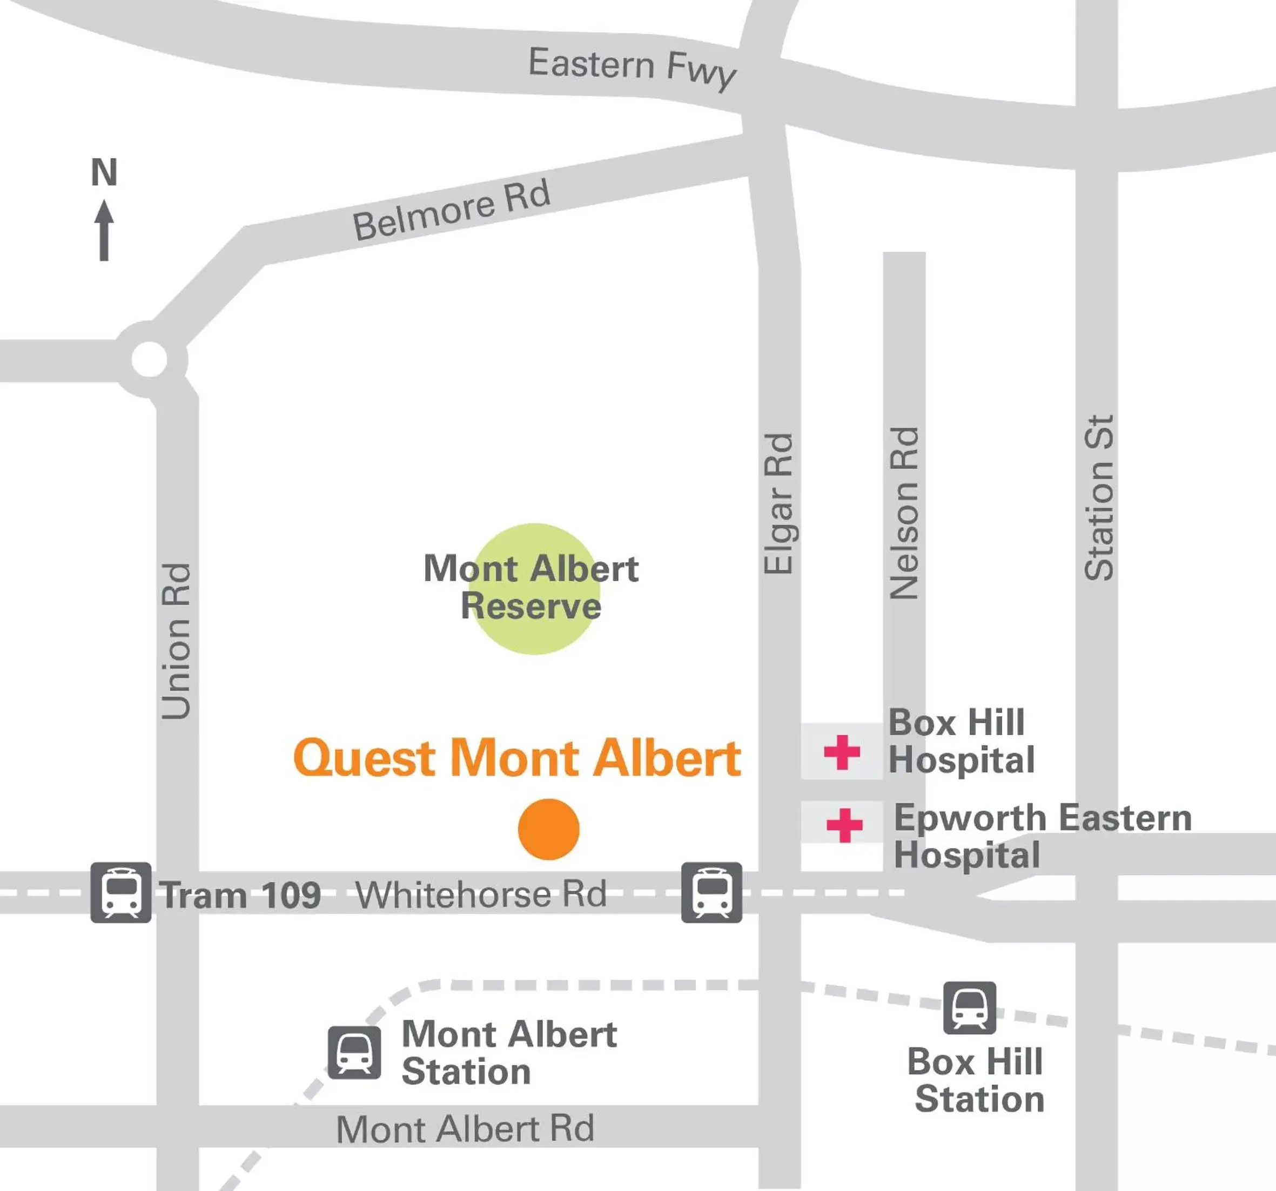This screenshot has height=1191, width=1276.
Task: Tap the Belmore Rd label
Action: pos(451,211)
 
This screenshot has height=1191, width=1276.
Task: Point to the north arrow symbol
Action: pos(104,231)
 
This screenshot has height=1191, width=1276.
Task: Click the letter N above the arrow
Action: pos(104,172)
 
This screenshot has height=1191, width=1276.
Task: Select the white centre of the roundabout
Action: pos(149,359)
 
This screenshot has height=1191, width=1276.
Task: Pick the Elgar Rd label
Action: pos(779,504)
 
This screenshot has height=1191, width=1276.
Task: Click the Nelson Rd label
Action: pos(904,513)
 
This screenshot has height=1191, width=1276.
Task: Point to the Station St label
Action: pos(1099,498)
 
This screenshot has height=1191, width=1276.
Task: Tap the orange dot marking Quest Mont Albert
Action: pos(549,829)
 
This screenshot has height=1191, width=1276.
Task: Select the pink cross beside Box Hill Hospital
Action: pos(842,752)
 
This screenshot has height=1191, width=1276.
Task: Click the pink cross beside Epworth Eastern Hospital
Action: pos(844,825)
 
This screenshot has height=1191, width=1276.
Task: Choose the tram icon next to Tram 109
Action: pos(120,893)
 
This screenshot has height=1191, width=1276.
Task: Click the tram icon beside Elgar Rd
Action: pos(711,893)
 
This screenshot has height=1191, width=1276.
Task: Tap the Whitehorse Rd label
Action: pos(481,894)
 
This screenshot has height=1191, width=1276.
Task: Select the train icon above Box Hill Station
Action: pos(969,1008)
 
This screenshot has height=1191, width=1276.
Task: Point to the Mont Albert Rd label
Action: pos(465,1129)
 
